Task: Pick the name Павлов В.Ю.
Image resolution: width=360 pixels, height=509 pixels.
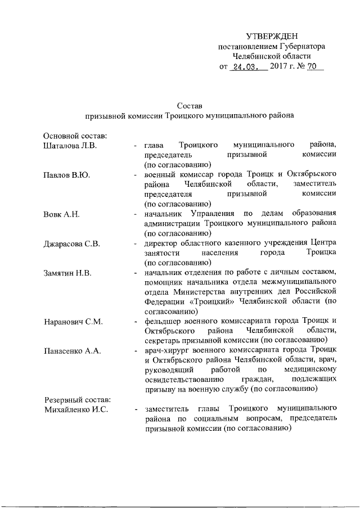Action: pos(66,175)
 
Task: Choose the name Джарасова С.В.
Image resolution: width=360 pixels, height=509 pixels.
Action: pos(71,244)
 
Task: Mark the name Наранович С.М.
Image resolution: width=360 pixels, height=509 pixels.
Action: pos(73,322)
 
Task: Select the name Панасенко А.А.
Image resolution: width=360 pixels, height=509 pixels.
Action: pos(72,351)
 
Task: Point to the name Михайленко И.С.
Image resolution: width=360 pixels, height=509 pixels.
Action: pos(76,409)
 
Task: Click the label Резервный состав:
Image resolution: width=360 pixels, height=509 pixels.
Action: pos(77,399)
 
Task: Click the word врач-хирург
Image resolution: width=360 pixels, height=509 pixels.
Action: pos(167,351)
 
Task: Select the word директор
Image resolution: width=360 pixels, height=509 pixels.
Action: pos(163,244)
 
